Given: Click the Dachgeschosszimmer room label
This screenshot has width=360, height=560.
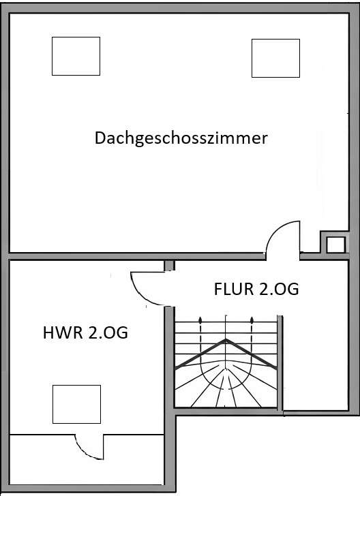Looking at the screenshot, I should coord(181,138).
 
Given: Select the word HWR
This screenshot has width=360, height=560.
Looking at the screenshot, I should coord(59,334).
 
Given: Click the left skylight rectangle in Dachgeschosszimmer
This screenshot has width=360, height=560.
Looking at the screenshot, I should coord(76,57).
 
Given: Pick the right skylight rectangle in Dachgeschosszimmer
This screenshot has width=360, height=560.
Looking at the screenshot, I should coord(275,58).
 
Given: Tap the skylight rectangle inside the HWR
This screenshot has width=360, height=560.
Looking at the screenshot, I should coord(76,404).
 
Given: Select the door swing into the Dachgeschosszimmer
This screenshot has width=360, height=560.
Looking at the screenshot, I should coord(282,238).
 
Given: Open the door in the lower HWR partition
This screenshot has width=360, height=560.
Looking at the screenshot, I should coord(89,446).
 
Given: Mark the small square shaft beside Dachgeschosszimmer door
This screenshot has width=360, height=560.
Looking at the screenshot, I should coord(334,245).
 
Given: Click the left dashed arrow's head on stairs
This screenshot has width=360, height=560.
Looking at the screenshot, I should coord(200,318).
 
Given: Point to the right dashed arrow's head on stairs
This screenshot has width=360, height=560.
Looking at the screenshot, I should coord(252,318).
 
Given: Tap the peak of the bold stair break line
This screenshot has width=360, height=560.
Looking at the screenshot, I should coord(227,340).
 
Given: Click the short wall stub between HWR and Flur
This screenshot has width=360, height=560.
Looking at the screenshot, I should coord(169,265).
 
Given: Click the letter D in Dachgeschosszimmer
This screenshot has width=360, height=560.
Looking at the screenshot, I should coord(100,138).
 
